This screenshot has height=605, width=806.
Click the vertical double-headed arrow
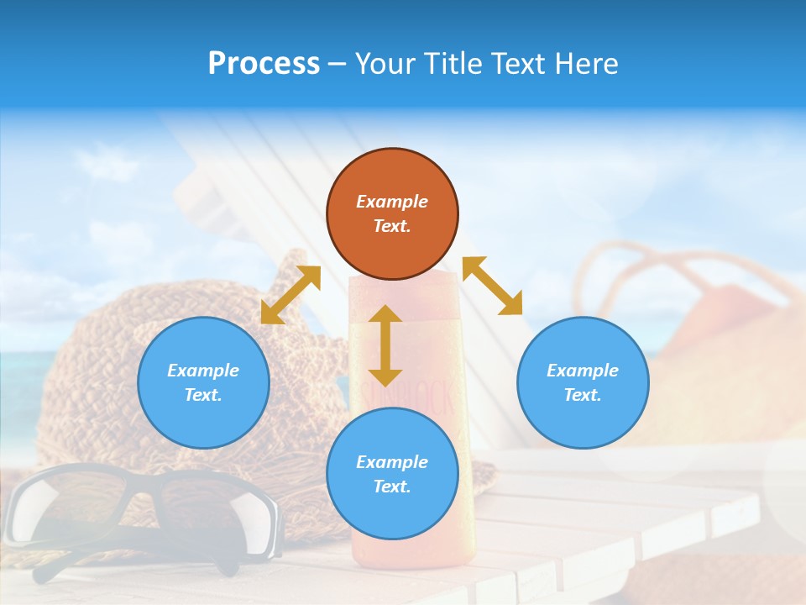pyautogui.click(x=385, y=345)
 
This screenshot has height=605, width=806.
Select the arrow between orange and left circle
pyautogui.click(x=290, y=295)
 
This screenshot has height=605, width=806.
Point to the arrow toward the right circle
pyautogui.click(x=492, y=286)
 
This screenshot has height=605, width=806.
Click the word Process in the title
pyautogui.click(x=264, y=64)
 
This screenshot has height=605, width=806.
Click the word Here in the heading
pyautogui.click(x=588, y=64)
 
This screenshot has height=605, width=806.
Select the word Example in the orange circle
pyautogui.click(x=392, y=202)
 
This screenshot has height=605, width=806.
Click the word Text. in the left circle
pyautogui.click(x=203, y=395)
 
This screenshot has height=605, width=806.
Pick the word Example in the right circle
pyautogui.click(x=583, y=371)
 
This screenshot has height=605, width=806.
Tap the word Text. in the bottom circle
pyautogui.click(x=392, y=487)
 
